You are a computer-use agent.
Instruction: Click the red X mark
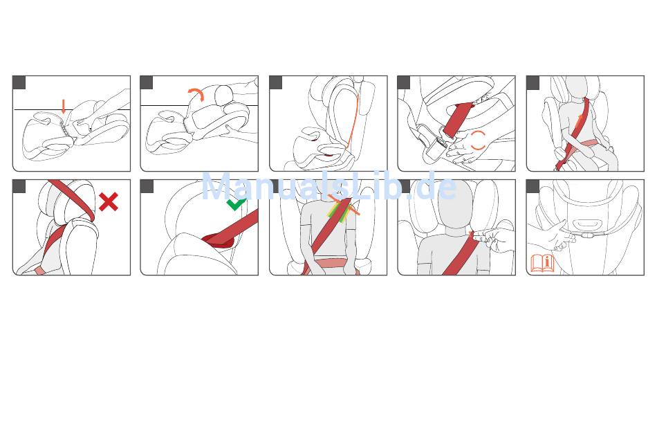pyautogui.click(x=109, y=202)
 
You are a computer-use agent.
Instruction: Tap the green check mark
pyautogui.click(x=236, y=204)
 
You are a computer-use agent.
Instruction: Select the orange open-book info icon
pyautogui.click(x=543, y=263)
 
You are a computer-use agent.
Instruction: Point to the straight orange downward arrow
pyautogui.click(x=63, y=107)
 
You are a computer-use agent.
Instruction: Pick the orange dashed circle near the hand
pyautogui.click(x=478, y=140)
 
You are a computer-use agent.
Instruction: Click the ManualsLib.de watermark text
pyautogui.click(x=329, y=187)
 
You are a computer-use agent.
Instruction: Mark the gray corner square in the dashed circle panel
pyautogui.click(x=404, y=82)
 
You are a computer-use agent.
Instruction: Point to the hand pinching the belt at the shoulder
pyautogui.click(x=492, y=240)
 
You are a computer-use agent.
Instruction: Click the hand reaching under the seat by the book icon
pyautogui.click(x=553, y=236)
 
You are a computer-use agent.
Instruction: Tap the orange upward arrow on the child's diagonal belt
pyautogui.click(x=579, y=120)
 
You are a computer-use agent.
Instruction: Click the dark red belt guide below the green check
pyautogui.click(x=218, y=240)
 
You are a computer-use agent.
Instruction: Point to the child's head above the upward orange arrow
pyautogui.click(x=577, y=89)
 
